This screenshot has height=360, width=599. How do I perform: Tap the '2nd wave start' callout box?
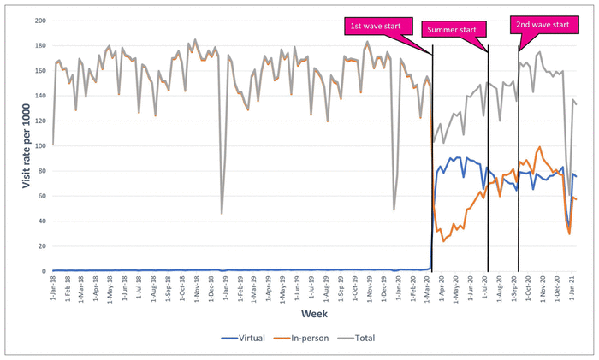[541, 25]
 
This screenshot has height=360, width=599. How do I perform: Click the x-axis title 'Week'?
[314, 315]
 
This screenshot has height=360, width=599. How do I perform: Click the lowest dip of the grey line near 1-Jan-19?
[222, 213]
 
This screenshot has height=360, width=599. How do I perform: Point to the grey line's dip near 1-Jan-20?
[394, 210]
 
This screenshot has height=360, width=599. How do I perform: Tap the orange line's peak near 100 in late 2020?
[539, 147]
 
